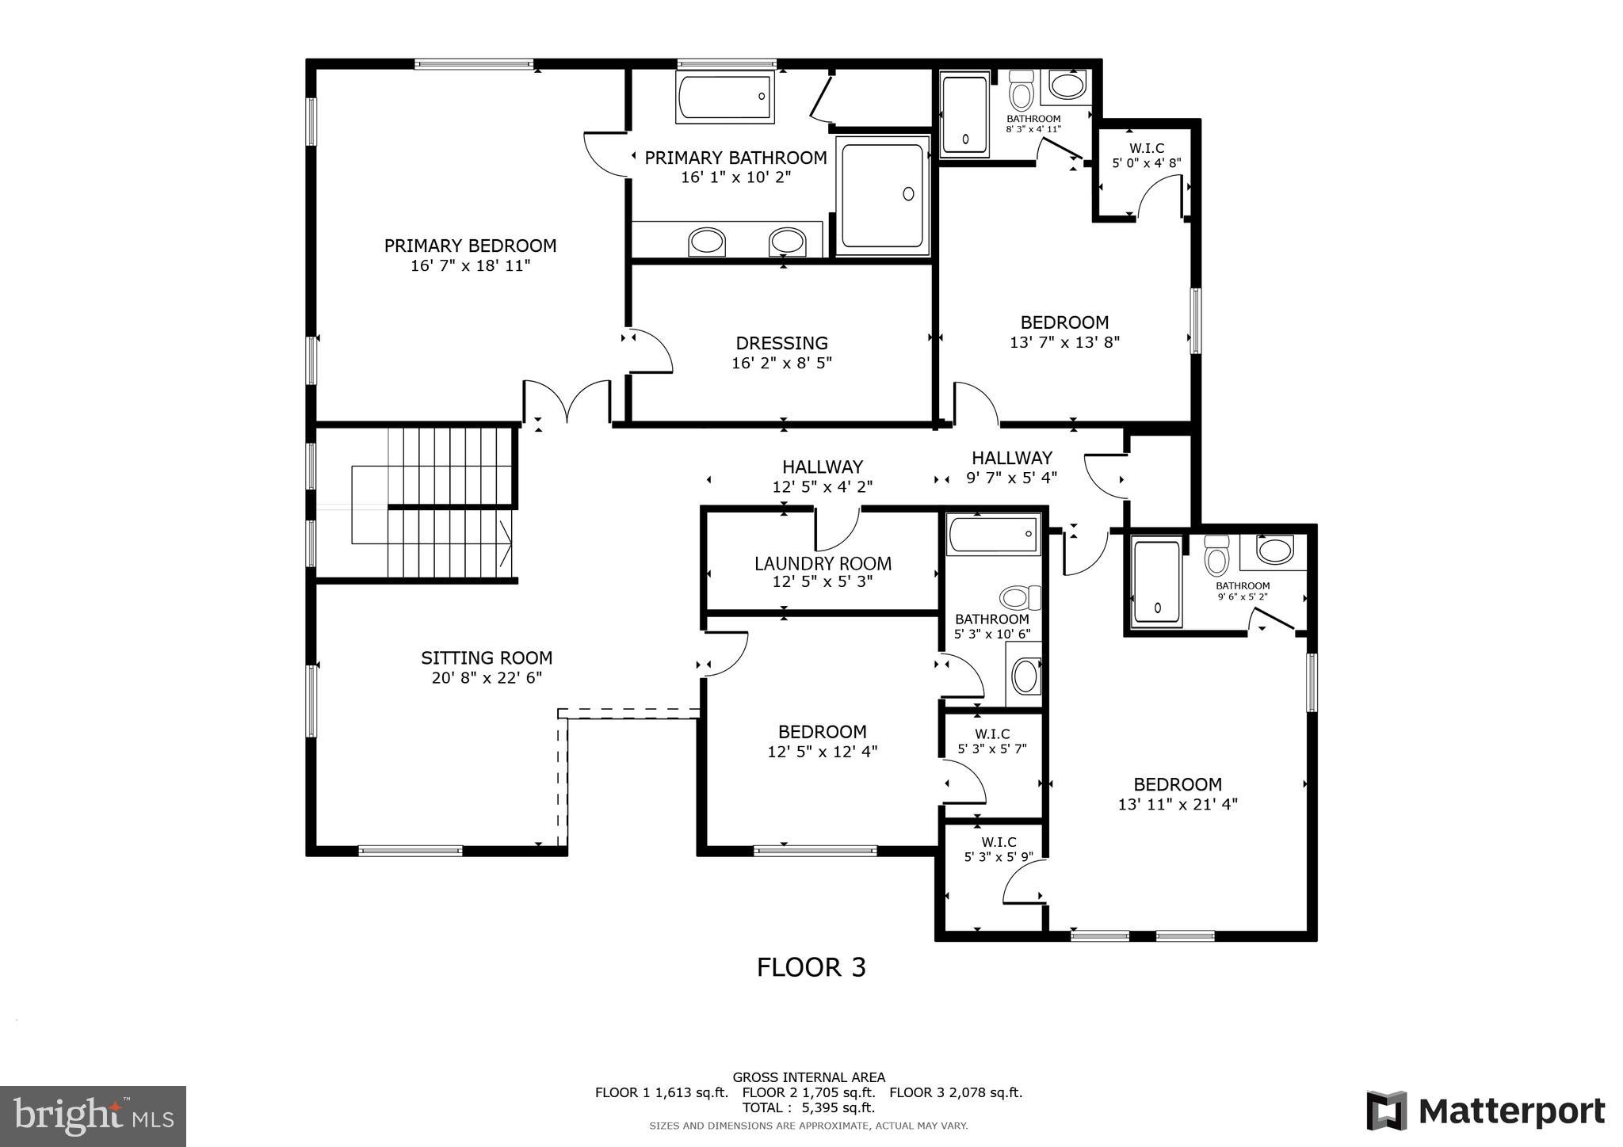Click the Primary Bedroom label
click(x=470, y=246)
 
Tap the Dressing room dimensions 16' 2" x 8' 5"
click(x=781, y=364)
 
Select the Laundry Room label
click(x=823, y=563)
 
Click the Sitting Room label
click(x=487, y=657)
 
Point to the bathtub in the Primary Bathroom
click(x=724, y=97)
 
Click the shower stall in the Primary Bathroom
click(x=883, y=195)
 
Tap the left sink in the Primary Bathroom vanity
click(x=706, y=242)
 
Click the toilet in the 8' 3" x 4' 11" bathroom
click(x=1022, y=93)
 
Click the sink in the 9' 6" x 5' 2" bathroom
click(x=1274, y=551)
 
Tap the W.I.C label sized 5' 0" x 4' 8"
click(x=1147, y=148)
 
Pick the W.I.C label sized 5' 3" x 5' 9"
click(x=999, y=842)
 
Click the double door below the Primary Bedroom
click(x=567, y=402)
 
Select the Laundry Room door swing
click(x=837, y=530)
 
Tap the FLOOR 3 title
click(x=811, y=967)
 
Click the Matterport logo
click(x=1485, y=1111)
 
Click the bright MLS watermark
click(x=94, y=1117)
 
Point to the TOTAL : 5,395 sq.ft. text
click(x=808, y=1107)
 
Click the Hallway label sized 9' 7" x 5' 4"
click(x=1012, y=458)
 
